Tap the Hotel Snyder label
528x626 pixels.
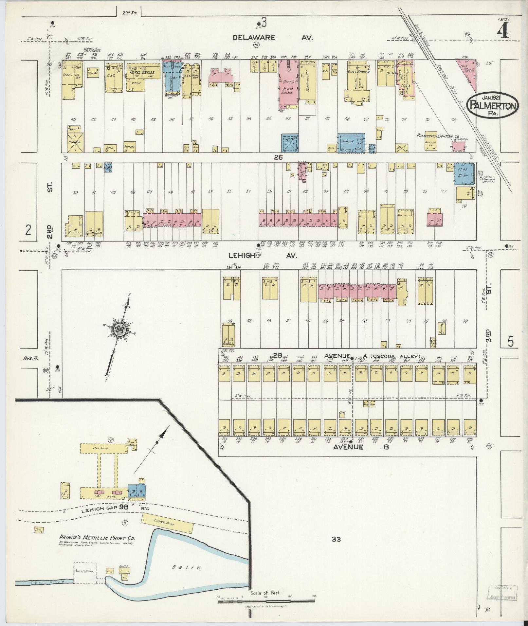359,72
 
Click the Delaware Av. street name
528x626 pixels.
273,38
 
